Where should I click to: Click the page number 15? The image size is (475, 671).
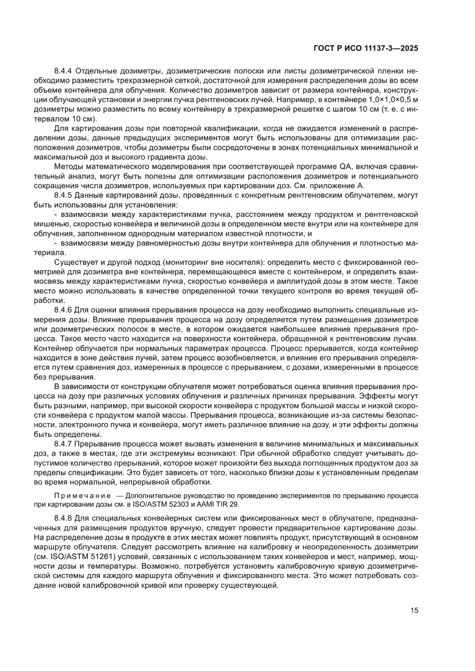(414, 610)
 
